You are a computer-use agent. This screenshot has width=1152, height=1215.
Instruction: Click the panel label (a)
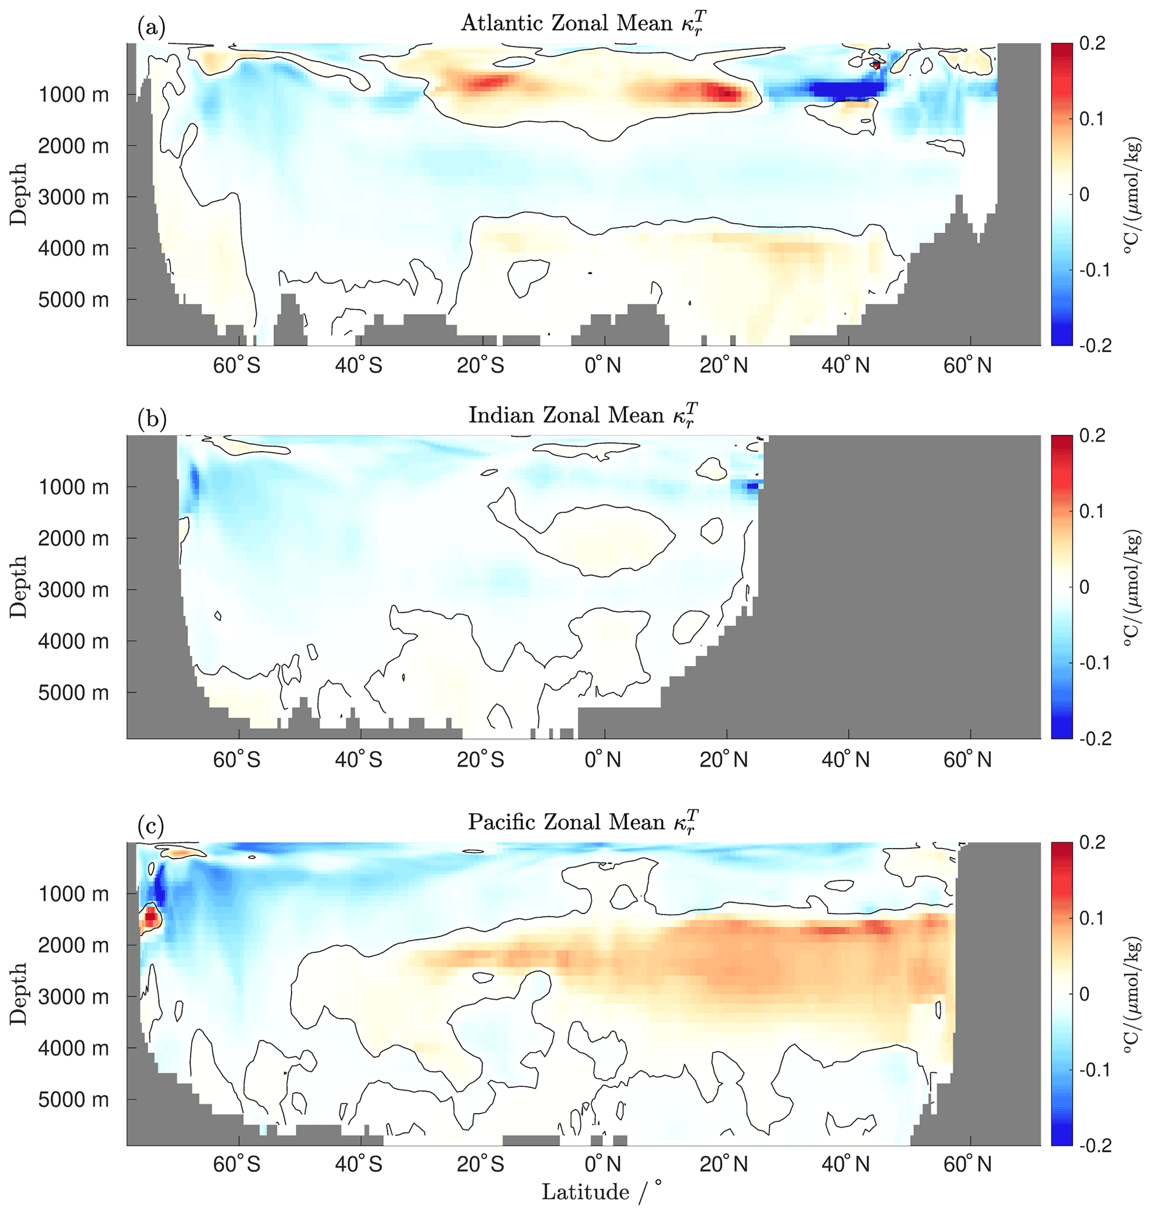(x=152, y=28)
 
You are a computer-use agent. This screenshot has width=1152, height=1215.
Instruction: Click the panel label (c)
(x=151, y=826)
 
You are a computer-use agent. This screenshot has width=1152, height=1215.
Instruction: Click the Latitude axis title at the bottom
(x=585, y=1192)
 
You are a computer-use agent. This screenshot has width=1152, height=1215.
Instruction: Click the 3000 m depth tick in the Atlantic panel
(x=74, y=197)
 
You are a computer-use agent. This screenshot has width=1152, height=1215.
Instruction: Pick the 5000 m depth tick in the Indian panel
(x=74, y=693)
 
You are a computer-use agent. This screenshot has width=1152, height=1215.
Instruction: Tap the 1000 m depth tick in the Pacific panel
(x=74, y=894)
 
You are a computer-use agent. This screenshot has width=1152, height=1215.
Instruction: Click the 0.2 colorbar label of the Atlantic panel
(x=1093, y=43)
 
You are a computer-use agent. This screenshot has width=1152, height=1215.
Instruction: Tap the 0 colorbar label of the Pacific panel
(x=1085, y=994)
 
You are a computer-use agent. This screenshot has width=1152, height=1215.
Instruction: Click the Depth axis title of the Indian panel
(x=18, y=587)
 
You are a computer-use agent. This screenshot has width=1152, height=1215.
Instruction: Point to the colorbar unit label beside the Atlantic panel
(x=1134, y=195)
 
